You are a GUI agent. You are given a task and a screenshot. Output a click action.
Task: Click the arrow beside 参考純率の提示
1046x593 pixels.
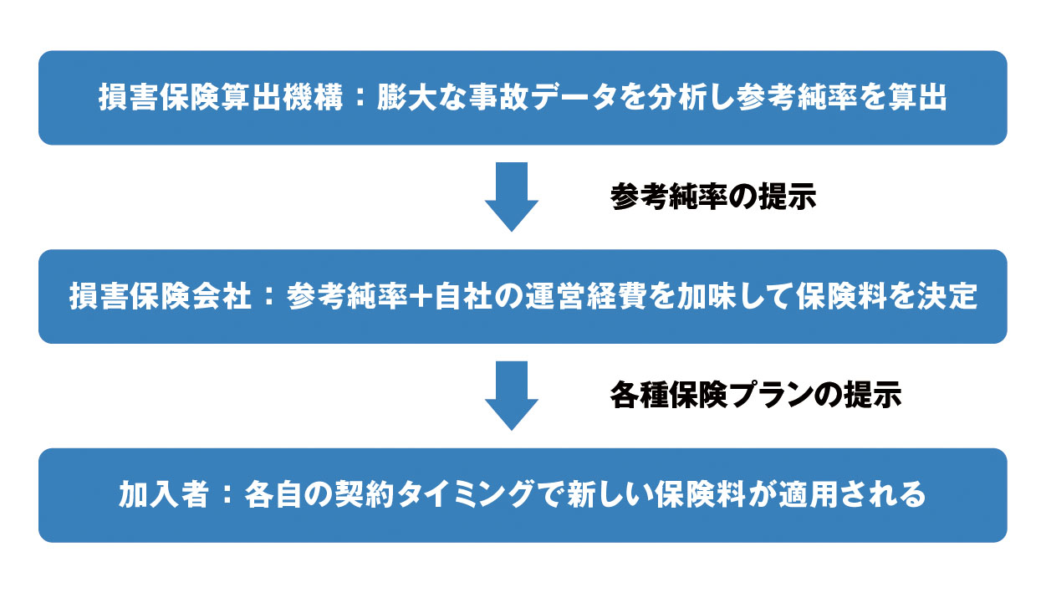512,197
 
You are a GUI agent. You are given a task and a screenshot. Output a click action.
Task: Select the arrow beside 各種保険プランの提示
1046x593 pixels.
512,396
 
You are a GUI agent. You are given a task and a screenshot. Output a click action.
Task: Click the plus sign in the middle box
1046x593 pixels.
421,296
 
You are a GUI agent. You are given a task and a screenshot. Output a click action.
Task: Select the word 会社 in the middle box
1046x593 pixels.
222,296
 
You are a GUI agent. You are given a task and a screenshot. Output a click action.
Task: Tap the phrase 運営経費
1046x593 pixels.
585,296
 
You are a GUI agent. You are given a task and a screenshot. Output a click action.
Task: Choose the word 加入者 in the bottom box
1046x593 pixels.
163,494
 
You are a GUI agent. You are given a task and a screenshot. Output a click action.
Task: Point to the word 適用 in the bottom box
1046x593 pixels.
805,494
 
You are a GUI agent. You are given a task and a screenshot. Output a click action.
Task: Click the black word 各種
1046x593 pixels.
640,395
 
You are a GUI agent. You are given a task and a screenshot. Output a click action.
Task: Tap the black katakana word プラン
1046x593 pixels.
770,395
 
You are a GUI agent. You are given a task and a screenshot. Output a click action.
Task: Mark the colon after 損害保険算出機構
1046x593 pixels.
360,98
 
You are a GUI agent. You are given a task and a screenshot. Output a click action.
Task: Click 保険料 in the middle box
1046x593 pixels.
840,296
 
